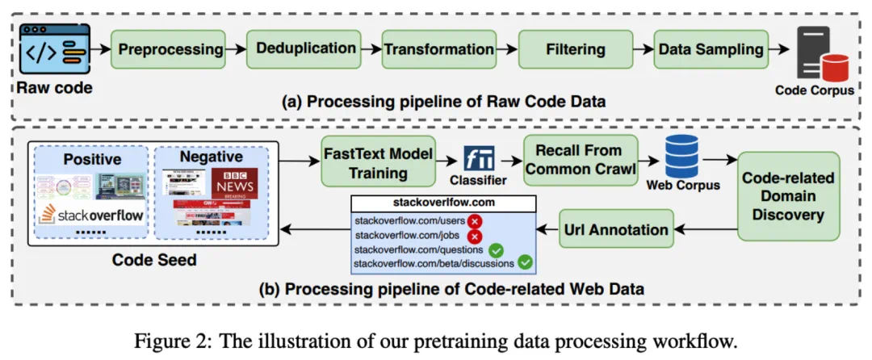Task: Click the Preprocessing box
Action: [x=170, y=48]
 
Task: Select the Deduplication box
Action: [x=307, y=48]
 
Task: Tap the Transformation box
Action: [x=438, y=48]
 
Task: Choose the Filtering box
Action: [x=574, y=48]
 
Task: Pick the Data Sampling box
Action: [x=711, y=48]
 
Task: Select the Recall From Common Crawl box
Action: [x=580, y=161]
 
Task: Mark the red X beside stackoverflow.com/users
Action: [x=475, y=220]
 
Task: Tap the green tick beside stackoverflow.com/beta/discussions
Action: [x=525, y=262]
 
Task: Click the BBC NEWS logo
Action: [x=235, y=184]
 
